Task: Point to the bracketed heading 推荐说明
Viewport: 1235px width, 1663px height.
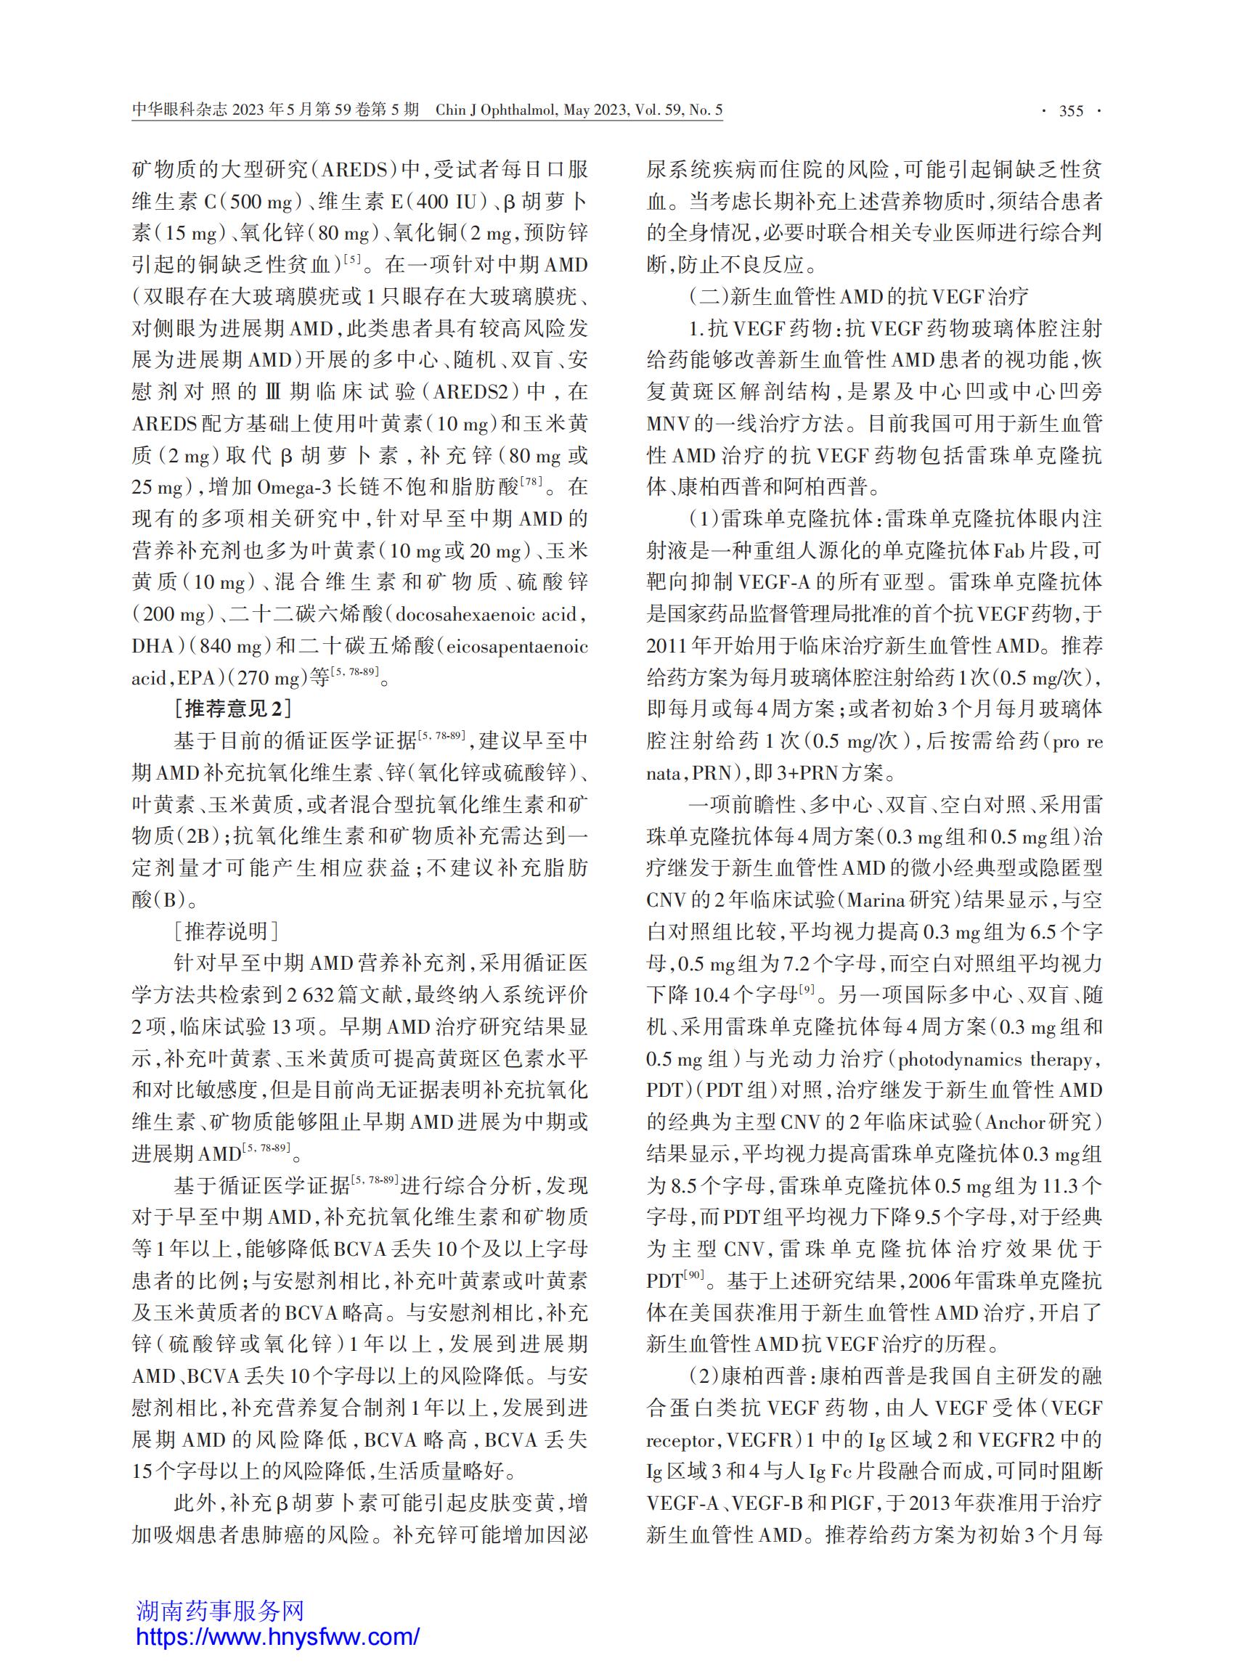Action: tap(227, 931)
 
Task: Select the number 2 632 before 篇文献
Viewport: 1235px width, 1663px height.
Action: tap(317, 994)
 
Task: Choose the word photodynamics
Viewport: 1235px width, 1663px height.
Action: tap(959, 1059)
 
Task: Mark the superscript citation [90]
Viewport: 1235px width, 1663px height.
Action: tap(695, 1276)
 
